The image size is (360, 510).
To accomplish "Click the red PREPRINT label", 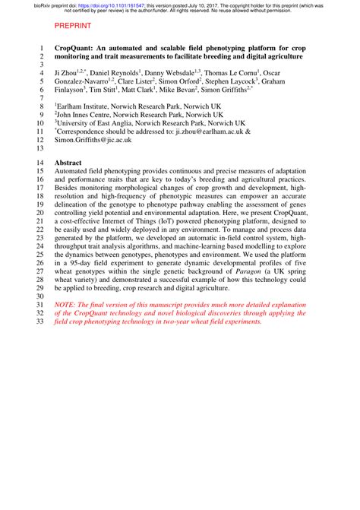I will (74, 24).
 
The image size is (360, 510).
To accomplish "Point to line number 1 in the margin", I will (40, 46).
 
